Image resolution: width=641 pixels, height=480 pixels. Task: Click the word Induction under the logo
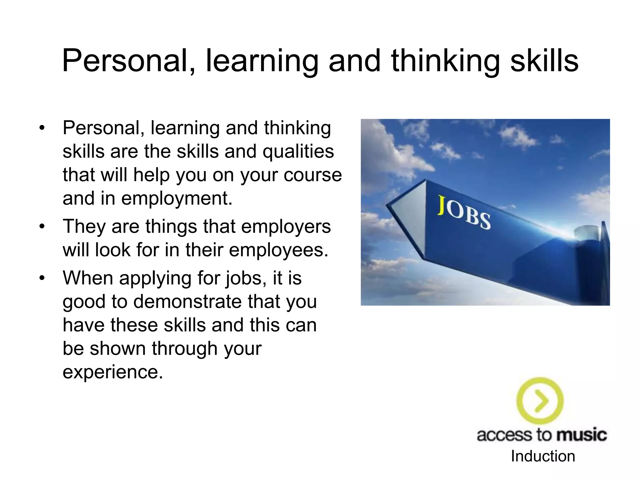point(543,456)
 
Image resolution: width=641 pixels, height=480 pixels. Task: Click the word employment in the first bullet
point(177,198)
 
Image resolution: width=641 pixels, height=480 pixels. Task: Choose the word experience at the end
point(113,372)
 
